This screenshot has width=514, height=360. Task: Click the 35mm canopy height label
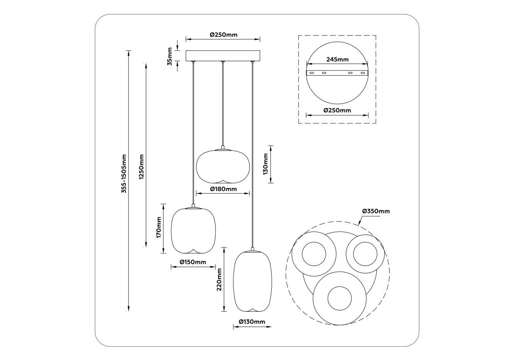[170, 56]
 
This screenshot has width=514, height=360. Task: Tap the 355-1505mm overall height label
[124, 174]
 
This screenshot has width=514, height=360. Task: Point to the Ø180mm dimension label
[223, 189]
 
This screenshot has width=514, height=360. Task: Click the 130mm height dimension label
[266, 164]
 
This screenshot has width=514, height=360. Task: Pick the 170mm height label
[159, 228]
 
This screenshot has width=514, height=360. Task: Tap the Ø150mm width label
[193, 262]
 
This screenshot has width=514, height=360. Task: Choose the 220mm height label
[219, 279]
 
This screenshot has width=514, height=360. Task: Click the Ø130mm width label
[252, 322]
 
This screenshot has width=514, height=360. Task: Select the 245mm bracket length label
[337, 59]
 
